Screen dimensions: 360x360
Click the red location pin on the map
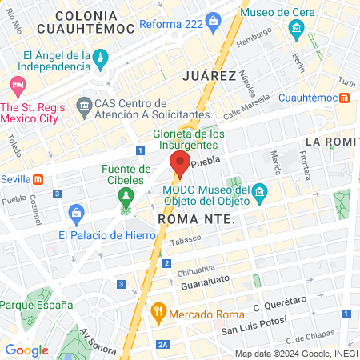click(179, 164)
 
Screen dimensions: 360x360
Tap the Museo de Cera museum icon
click(296, 31)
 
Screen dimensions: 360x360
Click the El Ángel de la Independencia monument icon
click(101, 58)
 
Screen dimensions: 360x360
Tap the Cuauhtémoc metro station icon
click(344, 97)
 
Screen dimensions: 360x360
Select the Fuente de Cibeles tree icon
click(125, 195)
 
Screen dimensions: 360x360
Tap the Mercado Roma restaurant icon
click(158, 311)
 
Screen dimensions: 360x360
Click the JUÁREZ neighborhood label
click(209, 76)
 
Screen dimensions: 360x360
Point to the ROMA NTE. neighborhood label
click(195, 218)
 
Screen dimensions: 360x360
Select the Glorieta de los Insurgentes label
click(186, 140)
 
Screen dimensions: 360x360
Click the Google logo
click(27, 350)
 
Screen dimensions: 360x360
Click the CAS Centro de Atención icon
click(84, 106)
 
